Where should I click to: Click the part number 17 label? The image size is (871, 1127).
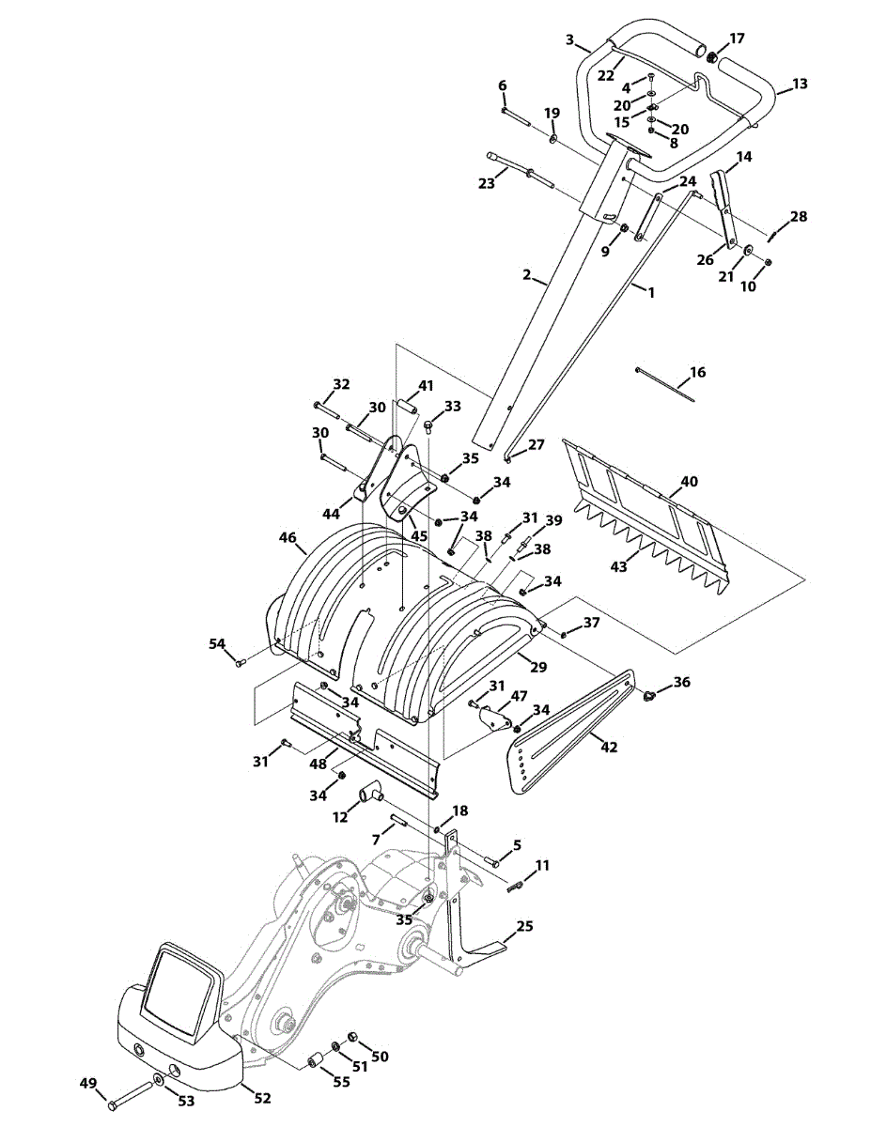pyautogui.click(x=737, y=39)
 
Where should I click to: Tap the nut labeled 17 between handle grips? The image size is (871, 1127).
pyautogui.click(x=713, y=56)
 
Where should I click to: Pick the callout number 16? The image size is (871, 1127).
pyautogui.click(x=698, y=373)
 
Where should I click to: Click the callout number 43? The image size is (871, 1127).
pyautogui.click(x=618, y=567)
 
